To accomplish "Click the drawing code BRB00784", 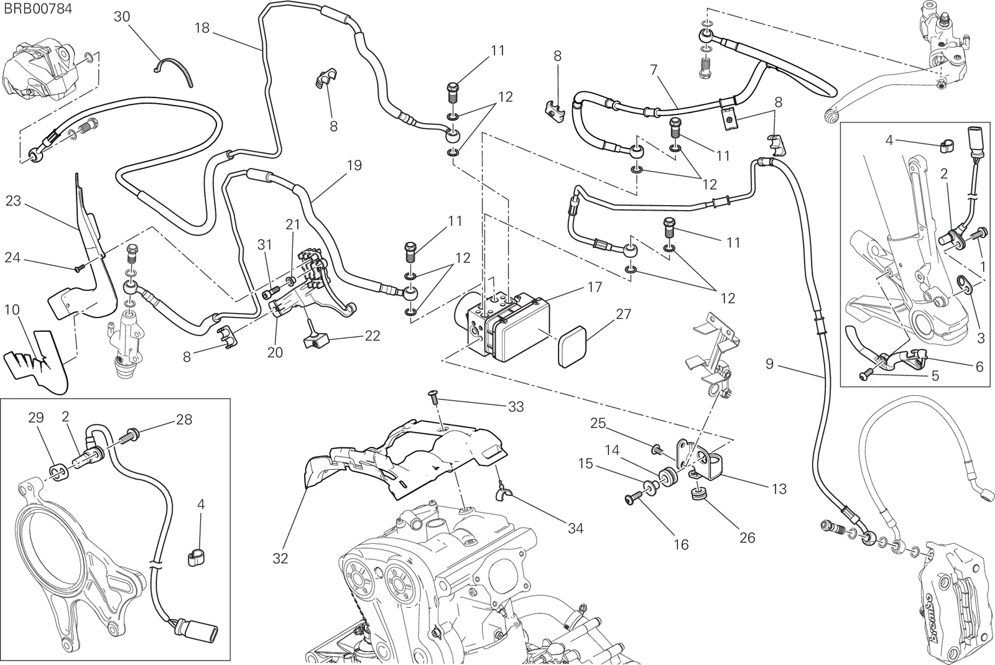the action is click(38, 9).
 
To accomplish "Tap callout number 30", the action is click(122, 17).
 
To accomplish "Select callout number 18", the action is click(201, 29).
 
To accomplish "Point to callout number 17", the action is click(595, 287).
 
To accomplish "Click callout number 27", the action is click(623, 314).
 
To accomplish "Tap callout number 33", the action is click(516, 406).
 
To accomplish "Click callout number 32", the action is click(280, 559).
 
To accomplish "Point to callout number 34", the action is click(575, 528).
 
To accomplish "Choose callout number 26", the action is click(747, 538).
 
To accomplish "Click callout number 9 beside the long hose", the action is click(770, 364).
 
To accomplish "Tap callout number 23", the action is click(13, 201).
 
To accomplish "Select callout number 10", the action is click(12, 310).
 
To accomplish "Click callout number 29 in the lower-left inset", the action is click(36, 418).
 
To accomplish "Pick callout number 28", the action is click(184, 420).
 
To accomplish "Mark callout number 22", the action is click(373, 336).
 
